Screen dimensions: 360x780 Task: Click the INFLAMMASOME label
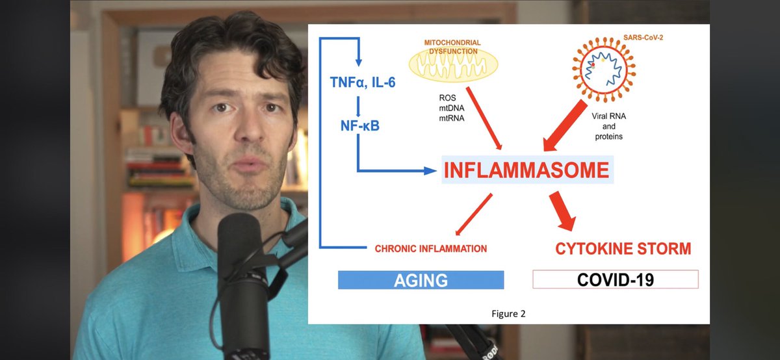click(x=526, y=170)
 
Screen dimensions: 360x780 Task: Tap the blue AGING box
click(x=421, y=280)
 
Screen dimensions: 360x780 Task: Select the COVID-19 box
click(x=615, y=280)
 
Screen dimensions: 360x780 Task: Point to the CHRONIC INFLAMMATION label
click(x=431, y=248)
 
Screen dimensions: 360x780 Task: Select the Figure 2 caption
click(x=508, y=314)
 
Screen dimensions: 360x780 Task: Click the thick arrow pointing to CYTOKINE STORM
click(x=562, y=211)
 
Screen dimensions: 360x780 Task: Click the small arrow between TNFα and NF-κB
click(x=357, y=103)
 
